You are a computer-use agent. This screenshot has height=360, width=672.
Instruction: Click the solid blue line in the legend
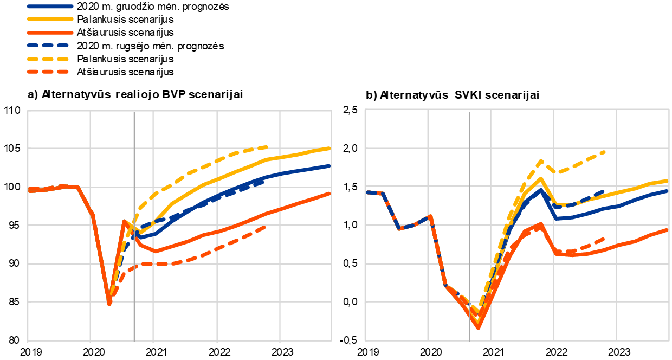tap(50, 7)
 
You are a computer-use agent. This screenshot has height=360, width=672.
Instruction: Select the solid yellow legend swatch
tap(50, 18)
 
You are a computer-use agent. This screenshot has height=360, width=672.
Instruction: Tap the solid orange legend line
tap(50, 33)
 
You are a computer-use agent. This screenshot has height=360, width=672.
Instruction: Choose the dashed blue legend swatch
tap(48, 46)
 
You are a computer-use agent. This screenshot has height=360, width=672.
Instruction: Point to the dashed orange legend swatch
tap(48, 72)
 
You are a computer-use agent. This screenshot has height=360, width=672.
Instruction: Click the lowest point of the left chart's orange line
tap(109, 304)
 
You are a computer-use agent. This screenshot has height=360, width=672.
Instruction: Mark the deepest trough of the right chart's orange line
tap(478, 327)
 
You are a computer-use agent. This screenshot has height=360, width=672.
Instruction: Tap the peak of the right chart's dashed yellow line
tap(541, 160)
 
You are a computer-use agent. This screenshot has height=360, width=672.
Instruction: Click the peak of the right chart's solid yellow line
tap(540, 178)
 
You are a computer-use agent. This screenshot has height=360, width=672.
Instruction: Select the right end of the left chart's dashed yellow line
tap(267, 146)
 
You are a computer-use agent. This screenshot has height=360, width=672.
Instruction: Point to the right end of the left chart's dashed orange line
tap(265, 227)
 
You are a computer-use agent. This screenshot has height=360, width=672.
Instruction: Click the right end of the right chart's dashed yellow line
tap(604, 152)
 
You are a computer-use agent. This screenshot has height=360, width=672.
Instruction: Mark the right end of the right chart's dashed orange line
tap(603, 239)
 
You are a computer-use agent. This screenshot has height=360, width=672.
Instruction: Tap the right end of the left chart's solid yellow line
tap(329, 148)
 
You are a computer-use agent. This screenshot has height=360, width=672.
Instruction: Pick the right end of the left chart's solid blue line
tap(329, 165)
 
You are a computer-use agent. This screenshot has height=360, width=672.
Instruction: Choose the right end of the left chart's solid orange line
tap(329, 193)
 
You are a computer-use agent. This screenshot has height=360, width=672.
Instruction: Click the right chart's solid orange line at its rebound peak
tap(541, 224)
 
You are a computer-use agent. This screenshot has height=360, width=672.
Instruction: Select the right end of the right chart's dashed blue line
tap(603, 191)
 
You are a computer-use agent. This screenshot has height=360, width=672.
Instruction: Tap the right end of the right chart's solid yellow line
tap(667, 181)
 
